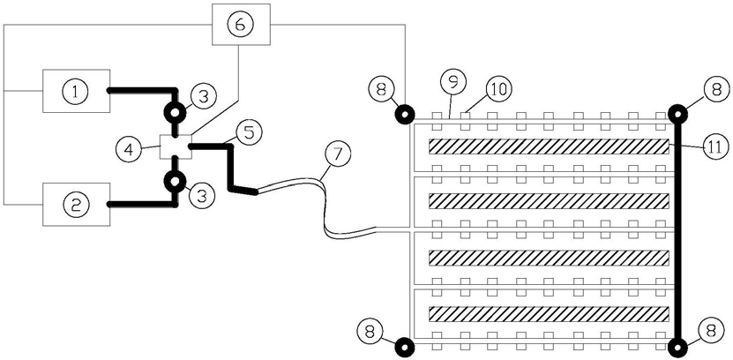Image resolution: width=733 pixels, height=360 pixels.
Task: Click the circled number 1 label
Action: point(76,91)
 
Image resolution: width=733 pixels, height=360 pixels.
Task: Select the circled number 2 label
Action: point(76,205)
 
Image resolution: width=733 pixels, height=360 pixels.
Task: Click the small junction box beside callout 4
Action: point(176,146)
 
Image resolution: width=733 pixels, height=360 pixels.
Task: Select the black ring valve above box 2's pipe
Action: point(174,181)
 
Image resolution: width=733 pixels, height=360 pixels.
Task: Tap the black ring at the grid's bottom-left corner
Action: point(405,348)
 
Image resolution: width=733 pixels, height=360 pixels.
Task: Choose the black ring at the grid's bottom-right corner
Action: point(677,348)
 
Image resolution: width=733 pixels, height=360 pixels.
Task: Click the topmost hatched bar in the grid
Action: point(550,146)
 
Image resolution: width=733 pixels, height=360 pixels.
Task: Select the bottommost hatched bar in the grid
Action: point(550,315)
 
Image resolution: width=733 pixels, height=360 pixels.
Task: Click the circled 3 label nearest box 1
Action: point(201,97)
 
